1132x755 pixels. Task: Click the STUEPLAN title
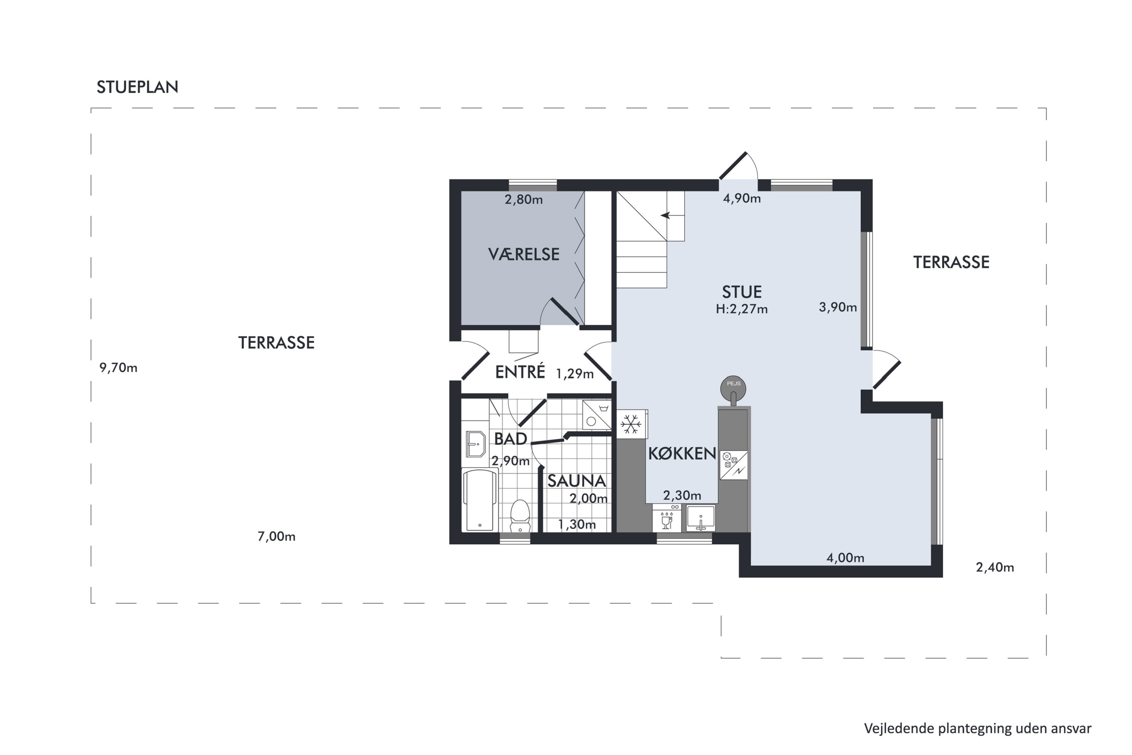137,87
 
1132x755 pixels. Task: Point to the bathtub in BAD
480,500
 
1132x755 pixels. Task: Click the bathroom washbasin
475,444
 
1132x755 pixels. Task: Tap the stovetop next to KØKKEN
734,465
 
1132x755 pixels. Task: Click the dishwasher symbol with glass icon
667,518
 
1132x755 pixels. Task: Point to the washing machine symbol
597,414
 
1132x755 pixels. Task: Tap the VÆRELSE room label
524,254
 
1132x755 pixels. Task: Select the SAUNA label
577,481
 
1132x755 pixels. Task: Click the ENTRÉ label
520,372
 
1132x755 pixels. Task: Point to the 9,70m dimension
118,368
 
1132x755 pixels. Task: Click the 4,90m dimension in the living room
742,199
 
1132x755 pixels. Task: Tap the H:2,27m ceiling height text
742,309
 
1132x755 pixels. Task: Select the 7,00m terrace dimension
276,536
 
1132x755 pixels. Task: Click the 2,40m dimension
995,567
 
